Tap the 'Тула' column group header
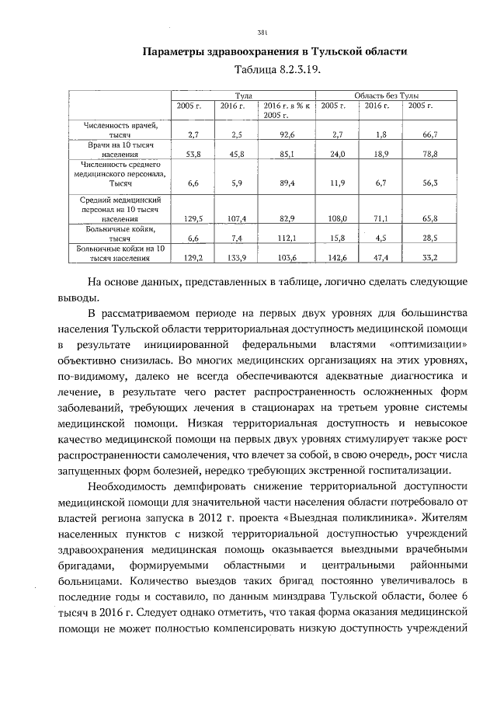pos(244,93)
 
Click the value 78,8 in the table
pos(429,155)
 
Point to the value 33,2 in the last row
pos(429,257)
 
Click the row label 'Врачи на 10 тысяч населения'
pos(123,150)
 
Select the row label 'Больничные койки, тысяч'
pos(123,234)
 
